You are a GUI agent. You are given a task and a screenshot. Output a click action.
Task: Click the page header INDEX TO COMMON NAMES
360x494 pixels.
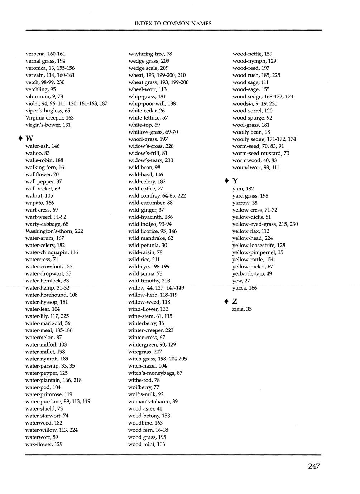[x=173, y=24]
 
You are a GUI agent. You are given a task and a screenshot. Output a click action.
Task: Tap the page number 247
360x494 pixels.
[x=313, y=466]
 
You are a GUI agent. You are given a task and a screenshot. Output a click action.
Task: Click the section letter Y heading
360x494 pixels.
[x=235, y=181]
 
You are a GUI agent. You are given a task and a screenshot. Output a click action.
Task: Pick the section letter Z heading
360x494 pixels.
[x=235, y=301]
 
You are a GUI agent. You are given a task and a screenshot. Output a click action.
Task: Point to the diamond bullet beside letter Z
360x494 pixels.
[x=226, y=301]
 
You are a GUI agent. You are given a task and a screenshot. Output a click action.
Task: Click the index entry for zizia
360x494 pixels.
[x=242, y=309]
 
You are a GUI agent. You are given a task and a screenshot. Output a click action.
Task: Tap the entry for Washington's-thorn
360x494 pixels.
[x=54, y=231]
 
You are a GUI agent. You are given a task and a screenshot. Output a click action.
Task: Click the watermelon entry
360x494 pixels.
[x=43, y=338]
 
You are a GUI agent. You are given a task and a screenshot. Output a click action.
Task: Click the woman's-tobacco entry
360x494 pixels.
[x=153, y=402]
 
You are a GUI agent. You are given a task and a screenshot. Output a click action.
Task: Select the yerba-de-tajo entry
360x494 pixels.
[x=252, y=274]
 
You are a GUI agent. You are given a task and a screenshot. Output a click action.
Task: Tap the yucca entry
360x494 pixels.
[x=244, y=288]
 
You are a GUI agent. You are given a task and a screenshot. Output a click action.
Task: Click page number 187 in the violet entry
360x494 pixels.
[x=103, y=104]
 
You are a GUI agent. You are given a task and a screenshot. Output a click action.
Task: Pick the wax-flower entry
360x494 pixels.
[x=44, y=444]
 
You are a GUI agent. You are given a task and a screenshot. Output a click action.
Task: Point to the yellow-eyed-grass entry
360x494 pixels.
[x=265, y=224]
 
